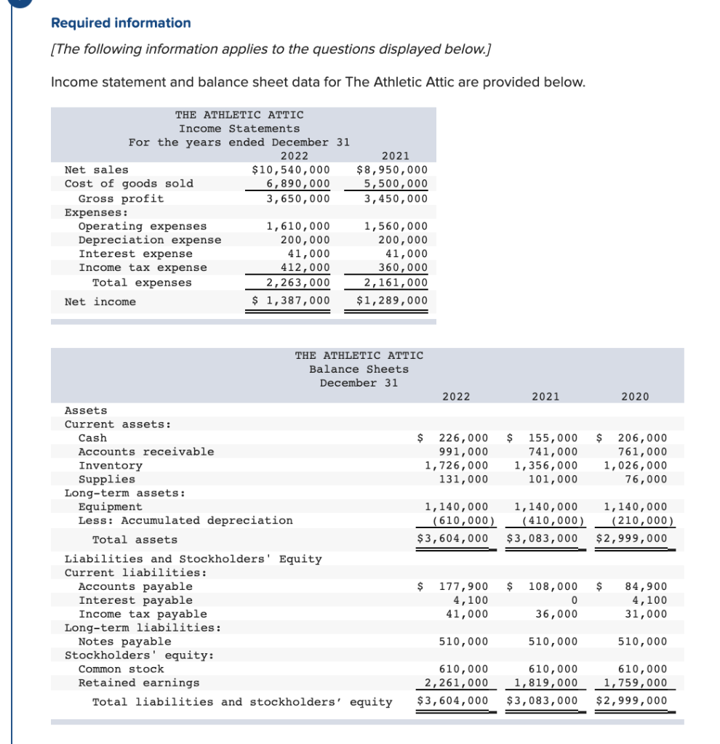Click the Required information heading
click(x=121, y=23)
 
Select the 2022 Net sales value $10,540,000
click(x=290, y=170)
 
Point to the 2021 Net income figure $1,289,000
click(x=392, y=302)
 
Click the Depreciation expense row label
click(x=149, y=240)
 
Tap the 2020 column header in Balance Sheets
click(x=635, y=396)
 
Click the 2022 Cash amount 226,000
click(x=463, y=438)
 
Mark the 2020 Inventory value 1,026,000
click(x=635, y=466)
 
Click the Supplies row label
click(x=106, y=480)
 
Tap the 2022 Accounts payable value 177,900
click(x=463, y=586)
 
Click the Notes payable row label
click(x=124, y=642)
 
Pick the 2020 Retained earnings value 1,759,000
click(x=635, y=683)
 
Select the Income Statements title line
click(x=239, y=129)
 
